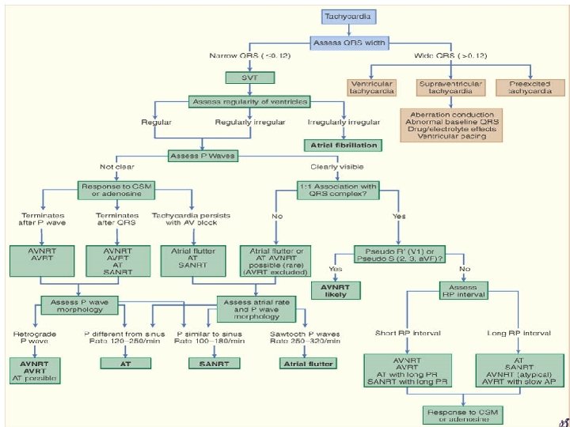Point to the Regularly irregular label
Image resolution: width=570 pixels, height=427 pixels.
point(245,123)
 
